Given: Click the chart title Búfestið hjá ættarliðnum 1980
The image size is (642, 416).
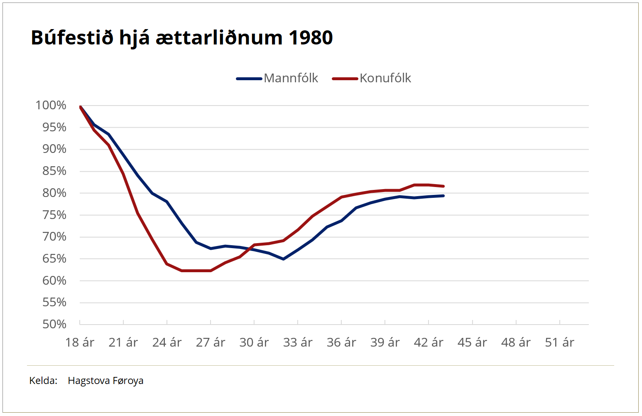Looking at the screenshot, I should pos(181,37).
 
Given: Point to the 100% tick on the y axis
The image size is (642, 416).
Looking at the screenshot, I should pos(51,105).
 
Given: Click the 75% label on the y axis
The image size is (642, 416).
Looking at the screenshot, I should pos(54,215).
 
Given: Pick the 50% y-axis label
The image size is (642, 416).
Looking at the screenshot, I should pos(54,324).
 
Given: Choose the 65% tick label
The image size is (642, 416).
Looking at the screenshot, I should pos(54,258).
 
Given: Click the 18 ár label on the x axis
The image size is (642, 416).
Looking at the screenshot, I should pos(80,342).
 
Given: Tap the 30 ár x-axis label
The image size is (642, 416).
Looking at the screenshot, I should pos(254,342).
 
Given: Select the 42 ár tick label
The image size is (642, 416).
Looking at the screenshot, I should pos(429,342).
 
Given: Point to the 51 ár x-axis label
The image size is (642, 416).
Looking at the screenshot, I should pos(559,342).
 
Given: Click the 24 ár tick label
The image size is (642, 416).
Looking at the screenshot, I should pos(167,342).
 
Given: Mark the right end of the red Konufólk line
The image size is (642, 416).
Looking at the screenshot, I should pos(444,186).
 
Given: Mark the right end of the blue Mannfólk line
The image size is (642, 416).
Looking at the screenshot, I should pos(444,196).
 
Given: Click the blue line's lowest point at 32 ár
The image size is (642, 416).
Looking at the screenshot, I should pos(283,259).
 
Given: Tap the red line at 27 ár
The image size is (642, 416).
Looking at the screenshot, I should pos(211,271).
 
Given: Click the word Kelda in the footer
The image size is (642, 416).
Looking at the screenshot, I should pos(43,381).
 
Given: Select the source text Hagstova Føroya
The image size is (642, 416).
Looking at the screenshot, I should pos(105,381).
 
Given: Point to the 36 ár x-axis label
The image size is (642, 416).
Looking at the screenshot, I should pos(341,342).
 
